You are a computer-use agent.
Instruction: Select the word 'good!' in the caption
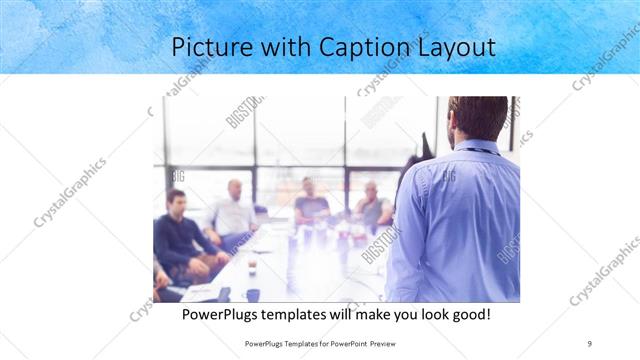468,315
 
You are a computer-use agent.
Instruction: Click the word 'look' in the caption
425,315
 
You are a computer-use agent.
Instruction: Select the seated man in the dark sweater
180,235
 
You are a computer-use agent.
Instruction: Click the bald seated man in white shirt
234,212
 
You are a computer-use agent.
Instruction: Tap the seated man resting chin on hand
372,205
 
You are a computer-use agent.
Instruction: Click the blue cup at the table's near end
253,295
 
